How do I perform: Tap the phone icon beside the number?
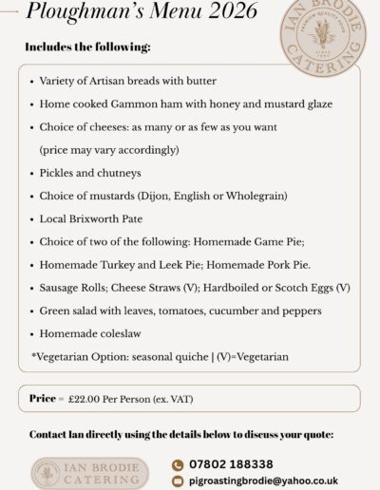(x=177, y=464)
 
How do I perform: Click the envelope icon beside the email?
(x=177, y=481)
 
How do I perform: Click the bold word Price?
(x=42, y=399)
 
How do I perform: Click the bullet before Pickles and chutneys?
(x=33, y=173)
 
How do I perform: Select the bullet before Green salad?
(x=33, y=311)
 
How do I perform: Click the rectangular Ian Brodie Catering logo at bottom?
(x=89, y=473)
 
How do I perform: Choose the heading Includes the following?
(x=87, y=46)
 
